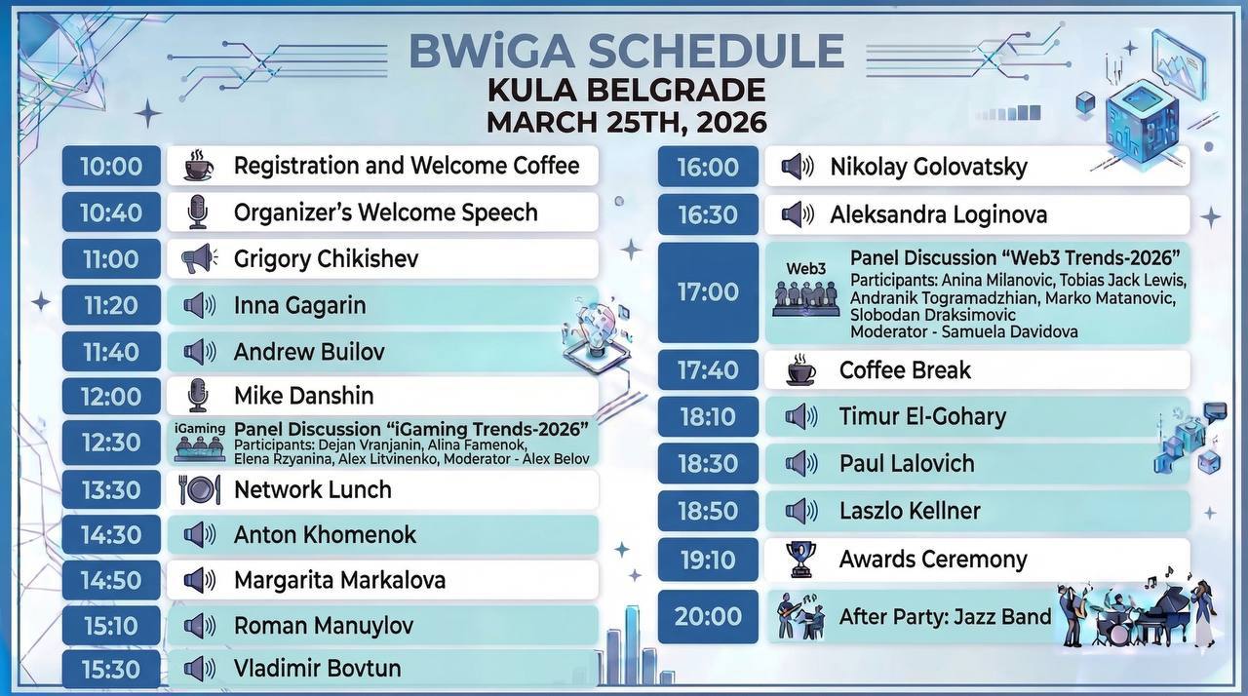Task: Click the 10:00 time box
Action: coord(111,166)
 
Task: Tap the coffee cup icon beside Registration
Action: coord(198,166)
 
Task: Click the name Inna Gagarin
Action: coord(299,305)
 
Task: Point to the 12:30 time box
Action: coord(111,443)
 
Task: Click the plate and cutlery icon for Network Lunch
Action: coord(200,490)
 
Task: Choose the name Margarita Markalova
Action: coord(340,580)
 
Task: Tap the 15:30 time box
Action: coord(111,670)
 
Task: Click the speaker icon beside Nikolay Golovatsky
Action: coord(798,166)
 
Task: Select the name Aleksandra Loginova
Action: coord(939,214)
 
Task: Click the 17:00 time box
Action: coord(708,291)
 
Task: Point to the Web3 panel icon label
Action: coord(805,268)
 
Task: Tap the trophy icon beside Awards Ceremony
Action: coord(801,560)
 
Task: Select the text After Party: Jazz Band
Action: coord(945,617)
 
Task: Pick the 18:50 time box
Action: coord(708,511)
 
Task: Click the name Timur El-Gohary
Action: coord(922,416)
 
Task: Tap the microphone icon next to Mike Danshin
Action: coord(198,396)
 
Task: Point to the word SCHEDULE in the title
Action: coord(716,52)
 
